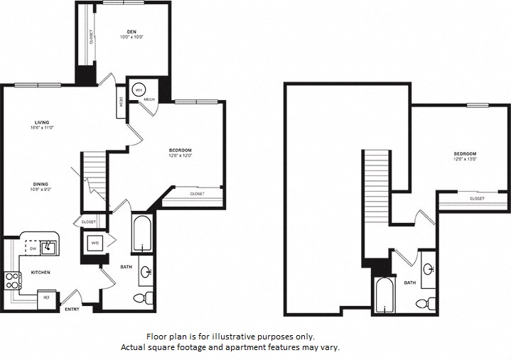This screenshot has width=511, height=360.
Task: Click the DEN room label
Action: pyautogui.click(x=131, y=32)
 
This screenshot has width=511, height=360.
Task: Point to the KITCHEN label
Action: pyautogui.click(x=39, y=272)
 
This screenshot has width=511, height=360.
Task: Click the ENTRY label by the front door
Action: pyautogui.click(x=72, y=309)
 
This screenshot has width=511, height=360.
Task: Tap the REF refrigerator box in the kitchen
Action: pyautogui.click(x=47, y=298)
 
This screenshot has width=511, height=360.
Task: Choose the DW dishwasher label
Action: pyautogui.click(x=31, y=249)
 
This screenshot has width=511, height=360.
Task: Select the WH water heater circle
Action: pyautogui.click(x=139, y=89)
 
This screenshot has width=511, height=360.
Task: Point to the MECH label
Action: pyautogui.click(x=149, y=99)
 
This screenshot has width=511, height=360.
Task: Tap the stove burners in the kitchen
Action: pyautogui.click(x=11, y=280)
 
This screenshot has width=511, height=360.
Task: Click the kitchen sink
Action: pyautogui.click(x=48, y=247)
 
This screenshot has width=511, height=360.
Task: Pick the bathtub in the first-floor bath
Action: pyautogui.click(x=142, y=234)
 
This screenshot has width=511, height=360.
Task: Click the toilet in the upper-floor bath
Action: pyautogui.click(x=422, y=303)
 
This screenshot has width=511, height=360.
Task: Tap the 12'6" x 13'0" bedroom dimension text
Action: pyautogui.click(x=466, y=160)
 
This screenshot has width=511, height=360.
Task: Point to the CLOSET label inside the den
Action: pyautogui.click(x=90, y=37)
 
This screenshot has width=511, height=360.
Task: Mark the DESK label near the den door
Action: pyautogui.click(x=122, y=102)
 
